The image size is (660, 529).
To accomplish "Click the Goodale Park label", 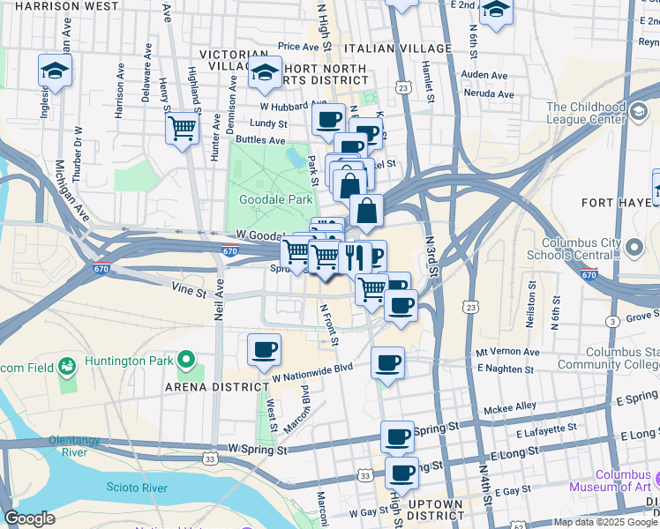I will point(271,199).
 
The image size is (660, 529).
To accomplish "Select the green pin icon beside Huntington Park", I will point(186,360).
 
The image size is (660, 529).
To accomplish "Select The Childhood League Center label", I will point(598,114).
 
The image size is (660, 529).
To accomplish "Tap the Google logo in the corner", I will point(29,518).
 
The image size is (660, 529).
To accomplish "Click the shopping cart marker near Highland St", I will point(182,129).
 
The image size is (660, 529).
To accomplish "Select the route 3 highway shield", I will point(611,324).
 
